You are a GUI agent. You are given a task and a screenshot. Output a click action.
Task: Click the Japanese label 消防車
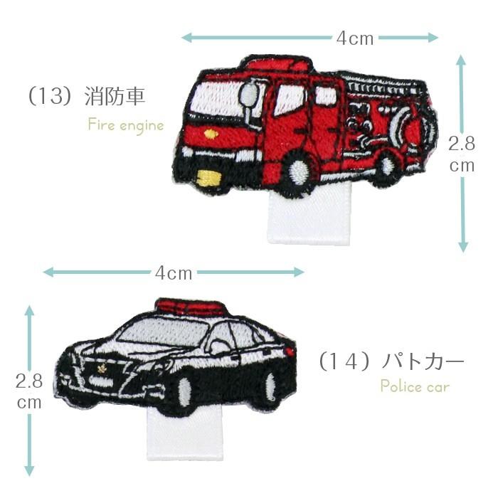point(115,96)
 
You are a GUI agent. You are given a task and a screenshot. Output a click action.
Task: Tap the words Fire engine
point(126,125)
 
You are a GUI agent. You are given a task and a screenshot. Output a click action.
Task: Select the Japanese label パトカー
point(423,361)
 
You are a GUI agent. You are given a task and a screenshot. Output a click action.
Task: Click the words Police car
point(415,386)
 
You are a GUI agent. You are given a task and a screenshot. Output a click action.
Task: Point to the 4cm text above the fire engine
point(355,38)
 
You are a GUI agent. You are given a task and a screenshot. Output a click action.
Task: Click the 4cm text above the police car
point(174,273)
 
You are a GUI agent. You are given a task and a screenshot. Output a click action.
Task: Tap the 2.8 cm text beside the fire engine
point(462,154)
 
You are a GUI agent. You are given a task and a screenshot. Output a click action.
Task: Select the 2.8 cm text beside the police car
point(29,391)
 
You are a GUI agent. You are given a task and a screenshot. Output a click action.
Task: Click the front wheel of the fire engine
point(300,171)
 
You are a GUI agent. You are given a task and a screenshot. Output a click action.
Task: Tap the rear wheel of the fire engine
point(388,165)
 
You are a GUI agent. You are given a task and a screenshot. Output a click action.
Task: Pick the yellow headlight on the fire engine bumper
point(208,177)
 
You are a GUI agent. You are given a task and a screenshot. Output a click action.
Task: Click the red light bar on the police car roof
point(191,305)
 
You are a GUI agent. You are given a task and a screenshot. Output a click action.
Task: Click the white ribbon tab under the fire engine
point(309,216)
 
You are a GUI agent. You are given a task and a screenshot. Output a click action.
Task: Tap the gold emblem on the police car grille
point(102,369)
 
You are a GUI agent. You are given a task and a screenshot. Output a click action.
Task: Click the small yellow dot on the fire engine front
point(210,134)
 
